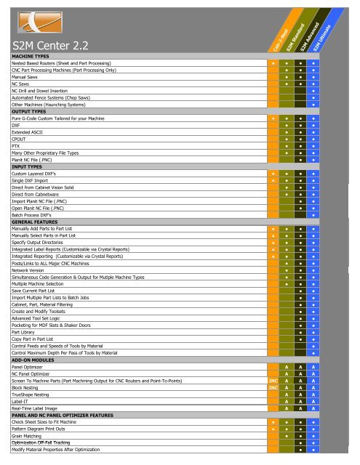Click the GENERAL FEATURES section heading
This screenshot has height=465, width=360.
36,222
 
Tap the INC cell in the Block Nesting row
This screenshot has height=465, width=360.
273,387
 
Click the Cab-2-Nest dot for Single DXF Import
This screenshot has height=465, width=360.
273,182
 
